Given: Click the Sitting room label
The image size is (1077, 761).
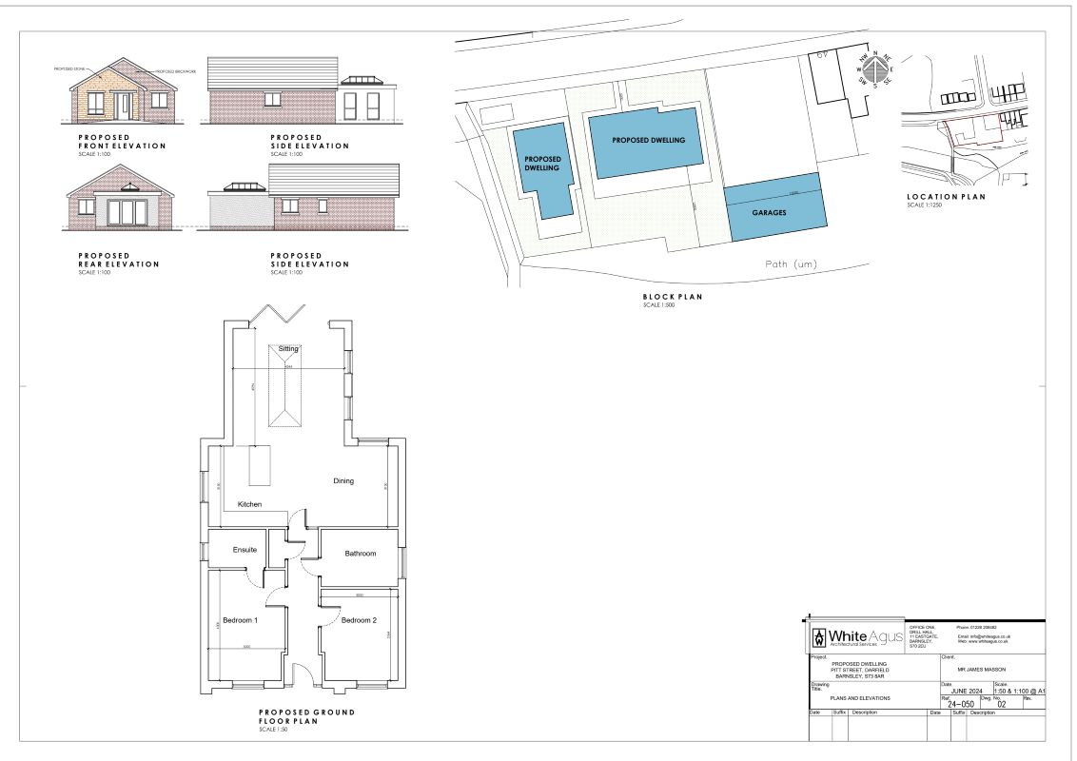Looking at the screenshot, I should (287, 349).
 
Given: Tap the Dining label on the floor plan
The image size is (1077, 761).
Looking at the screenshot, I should (343, 480).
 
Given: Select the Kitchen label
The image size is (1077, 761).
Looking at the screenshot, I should (249, 504).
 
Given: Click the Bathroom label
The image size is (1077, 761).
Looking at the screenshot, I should (361, 554).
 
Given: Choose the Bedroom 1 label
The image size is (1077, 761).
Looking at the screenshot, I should (241, 620).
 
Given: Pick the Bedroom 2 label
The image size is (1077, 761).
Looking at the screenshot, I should (360, 620).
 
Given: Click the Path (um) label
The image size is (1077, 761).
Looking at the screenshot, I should (792, 263).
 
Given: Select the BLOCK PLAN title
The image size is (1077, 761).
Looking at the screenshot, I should (672, 297).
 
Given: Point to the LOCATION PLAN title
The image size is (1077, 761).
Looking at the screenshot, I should (946, 197).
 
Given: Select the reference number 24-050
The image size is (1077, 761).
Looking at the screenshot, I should (961, 704).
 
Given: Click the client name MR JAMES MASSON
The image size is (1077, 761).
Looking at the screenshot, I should (981, 669).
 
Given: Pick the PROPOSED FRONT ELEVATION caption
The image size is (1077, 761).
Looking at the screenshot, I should (122, 142).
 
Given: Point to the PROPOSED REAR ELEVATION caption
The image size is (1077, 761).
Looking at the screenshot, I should (118, 260).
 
